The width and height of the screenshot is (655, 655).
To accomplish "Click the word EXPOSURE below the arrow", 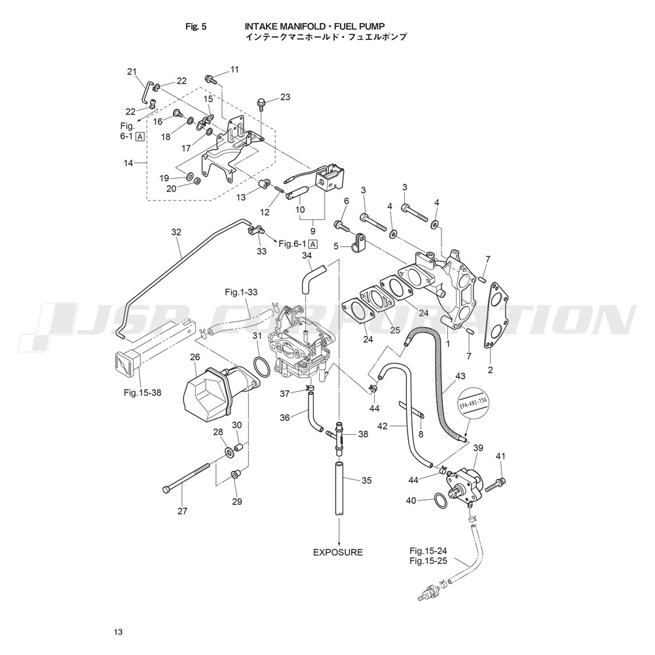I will (337, 552).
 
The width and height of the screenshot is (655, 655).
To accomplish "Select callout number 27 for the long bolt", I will (183, 512).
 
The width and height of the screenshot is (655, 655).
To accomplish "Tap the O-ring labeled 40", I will (441, 502).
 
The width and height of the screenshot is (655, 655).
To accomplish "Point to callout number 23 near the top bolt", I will (285, 98).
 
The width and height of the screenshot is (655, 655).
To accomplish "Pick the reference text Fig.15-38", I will (143, 393).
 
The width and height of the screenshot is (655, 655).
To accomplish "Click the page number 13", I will (117, 632).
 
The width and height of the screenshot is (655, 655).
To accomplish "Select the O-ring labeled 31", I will (259, 367).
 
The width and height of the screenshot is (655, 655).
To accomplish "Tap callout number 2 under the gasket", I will (491, 371).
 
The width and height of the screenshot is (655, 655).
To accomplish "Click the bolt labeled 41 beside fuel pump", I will (496, 483).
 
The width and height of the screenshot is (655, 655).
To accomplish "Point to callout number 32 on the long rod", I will (176, 232).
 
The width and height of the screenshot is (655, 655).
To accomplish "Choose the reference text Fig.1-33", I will (242, 291).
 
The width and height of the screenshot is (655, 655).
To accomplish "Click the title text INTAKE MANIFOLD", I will (284, 26).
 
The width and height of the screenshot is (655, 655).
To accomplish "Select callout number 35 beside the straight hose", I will (367, 480).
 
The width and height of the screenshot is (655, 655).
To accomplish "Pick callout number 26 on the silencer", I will (195, 357).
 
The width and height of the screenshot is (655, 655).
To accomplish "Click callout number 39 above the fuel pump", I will (478, 448).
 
